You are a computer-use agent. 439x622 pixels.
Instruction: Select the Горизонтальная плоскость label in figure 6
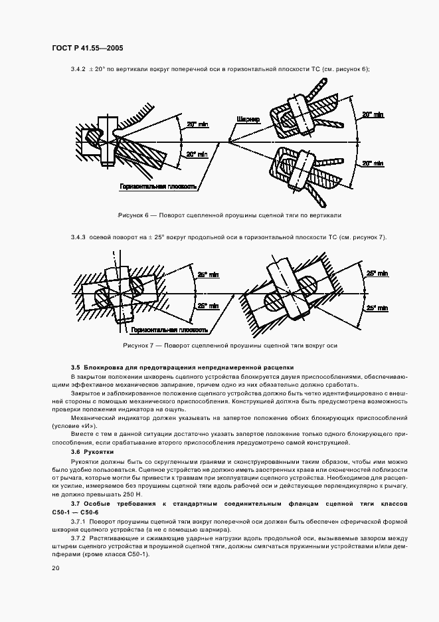(157, 187)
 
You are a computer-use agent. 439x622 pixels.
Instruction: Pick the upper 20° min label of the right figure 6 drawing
(373, 115)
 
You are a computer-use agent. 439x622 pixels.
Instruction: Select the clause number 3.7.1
(80, 522)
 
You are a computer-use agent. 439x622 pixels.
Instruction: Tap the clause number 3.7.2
(80, 538)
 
